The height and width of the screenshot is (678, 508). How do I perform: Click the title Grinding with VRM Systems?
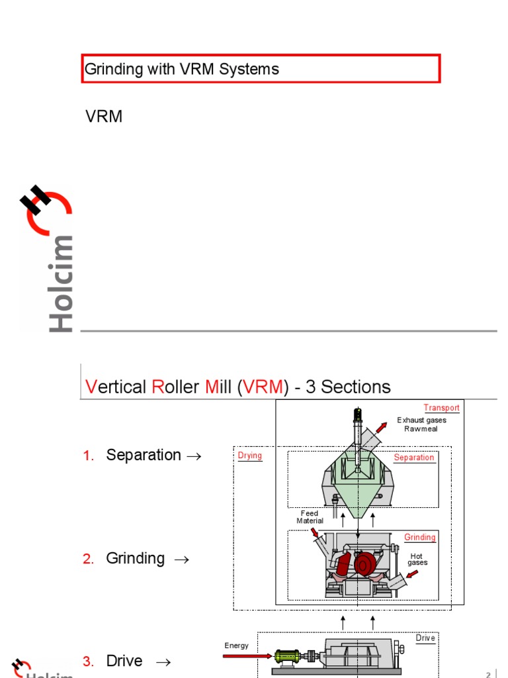[182, 69]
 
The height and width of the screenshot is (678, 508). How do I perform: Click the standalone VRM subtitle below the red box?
[104, 117]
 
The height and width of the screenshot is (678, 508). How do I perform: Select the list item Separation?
[144, 456]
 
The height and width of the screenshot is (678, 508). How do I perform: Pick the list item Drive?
[124, 661]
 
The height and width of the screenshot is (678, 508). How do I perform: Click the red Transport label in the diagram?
[441, 408]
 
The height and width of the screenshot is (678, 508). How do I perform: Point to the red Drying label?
[250, 456]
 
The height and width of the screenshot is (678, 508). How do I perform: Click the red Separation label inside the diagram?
[414, 458]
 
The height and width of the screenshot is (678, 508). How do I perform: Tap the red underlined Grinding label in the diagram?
[420, 537]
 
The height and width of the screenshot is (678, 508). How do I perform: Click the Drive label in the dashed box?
[425, 638]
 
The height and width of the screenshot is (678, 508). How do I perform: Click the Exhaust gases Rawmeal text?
[421, 424]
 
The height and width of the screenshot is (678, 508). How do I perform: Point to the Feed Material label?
[310, 517]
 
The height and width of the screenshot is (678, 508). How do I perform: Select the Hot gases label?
[417, 559]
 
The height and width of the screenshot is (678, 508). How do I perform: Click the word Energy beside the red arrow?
[237, 646]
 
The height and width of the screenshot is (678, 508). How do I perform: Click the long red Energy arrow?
[247, 656]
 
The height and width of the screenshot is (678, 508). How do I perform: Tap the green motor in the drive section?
[286, 657]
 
